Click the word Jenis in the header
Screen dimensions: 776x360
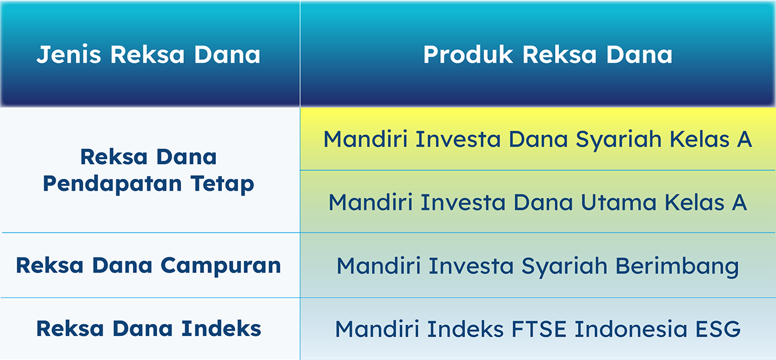click(x=68, y=55)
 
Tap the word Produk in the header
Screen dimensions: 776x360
click(x=468, y=55)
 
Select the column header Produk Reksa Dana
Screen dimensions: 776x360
click(x=548, y=55)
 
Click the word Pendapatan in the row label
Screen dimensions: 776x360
click(x=112, y=184)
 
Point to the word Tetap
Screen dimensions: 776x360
click(x=222, y=184)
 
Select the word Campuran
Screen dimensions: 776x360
click(x=221, y=266)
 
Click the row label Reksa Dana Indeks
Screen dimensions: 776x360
click(x=149, y=328)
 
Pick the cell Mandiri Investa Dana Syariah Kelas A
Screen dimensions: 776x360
click(x=537, y=140)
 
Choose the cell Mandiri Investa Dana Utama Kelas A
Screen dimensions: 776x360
click(x=537, y=202)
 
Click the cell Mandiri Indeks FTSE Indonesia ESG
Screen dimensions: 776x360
click(x=538, y=329)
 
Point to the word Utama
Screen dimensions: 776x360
click(x=618, y=202)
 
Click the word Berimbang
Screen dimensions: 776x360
click(x=677, y=267)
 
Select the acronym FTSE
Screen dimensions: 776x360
click(x=539, y=329)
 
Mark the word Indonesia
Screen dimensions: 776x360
click(x=631, y=329)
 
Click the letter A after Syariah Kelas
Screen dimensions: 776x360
click(x=744, y=139)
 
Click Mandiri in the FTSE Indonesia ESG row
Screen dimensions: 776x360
click(x=377, y=329)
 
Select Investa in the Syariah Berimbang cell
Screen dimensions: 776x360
click(x=471, y=266)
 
